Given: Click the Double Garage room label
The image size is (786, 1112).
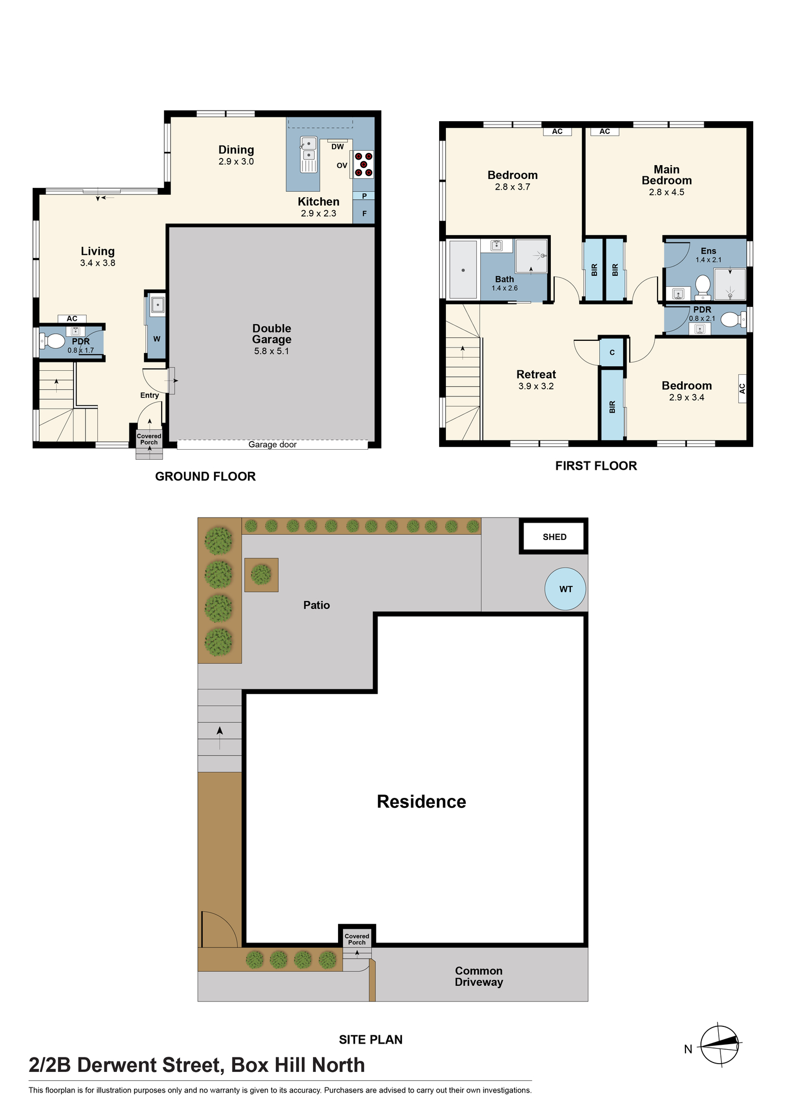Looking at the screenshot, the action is click(272, 334).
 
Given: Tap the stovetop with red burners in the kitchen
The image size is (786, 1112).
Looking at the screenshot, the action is click(364, 165).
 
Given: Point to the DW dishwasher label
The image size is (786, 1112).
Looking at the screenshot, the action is click(337, 147).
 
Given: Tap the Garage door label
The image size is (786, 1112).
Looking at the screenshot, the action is click(272, 445).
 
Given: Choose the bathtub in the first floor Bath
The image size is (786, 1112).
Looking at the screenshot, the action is click(463, 270).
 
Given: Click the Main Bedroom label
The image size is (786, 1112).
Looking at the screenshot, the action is click(666, 175).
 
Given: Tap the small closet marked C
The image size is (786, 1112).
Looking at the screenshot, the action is click(612, 353).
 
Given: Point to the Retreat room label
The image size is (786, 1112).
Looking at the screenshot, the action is click(536, 374).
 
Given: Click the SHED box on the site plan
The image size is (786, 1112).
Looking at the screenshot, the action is click(554, 537).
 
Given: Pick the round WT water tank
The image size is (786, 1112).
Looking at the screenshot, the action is click(565, 589).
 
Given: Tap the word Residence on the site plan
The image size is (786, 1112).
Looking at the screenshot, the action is click(421, 801).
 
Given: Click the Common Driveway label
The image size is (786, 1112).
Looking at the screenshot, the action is click(479, 976).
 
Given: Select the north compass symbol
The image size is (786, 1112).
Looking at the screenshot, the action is click(719, 1045).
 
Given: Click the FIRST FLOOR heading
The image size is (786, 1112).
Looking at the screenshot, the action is click(596, 466).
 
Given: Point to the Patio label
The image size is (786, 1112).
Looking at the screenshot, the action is click(316, 605).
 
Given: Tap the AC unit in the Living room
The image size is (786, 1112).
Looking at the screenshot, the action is click(72, 319).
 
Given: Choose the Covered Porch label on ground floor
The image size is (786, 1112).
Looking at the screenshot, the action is click(149, 439).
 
